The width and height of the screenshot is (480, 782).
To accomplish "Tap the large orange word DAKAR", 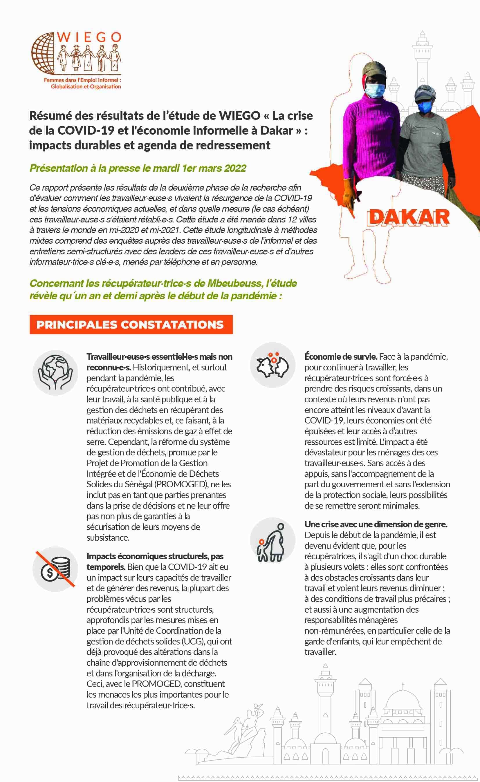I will click(x=408, y=218).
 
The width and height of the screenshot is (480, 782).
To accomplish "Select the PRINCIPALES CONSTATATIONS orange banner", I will click(x=131, y=324).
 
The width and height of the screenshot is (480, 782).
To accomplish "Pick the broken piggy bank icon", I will click(x=273, y=365).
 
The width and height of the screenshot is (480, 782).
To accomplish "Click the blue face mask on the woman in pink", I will click(x=375, y=90).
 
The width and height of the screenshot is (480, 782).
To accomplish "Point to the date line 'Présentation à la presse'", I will click(x=138, y=168).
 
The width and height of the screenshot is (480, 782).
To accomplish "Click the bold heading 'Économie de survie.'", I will click(x=341, y=356).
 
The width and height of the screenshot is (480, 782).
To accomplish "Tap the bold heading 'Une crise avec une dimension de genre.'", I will click(x=376, y=524).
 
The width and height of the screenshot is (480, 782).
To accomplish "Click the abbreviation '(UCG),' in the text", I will click(x=193, y=641).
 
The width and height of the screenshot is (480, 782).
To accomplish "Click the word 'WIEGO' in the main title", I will click(x=240, y=115).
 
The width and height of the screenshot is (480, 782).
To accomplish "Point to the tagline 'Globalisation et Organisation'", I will click(x=86, y=86).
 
